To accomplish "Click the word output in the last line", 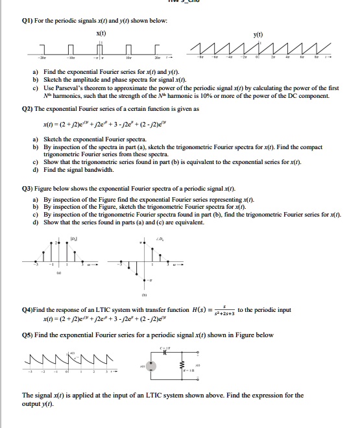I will (x=34, y=404).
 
